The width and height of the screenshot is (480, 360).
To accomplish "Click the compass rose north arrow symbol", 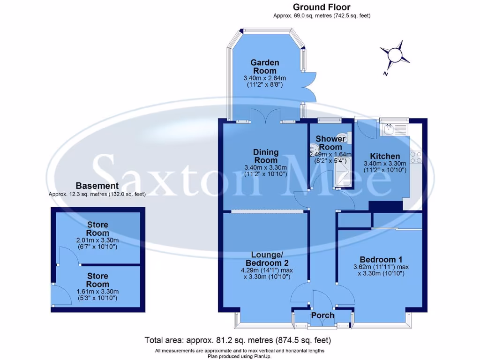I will click(394, 56).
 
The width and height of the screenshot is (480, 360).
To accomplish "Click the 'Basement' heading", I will click(97, 186).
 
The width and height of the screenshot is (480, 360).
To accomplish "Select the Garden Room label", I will click(264, 67).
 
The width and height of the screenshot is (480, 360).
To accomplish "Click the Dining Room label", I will click(266, 156).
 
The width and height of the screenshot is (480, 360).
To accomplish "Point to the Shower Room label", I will click(330, 142).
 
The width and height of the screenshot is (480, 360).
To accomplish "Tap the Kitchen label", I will click(385, 156).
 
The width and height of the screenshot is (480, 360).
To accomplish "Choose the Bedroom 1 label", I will click(381, 260).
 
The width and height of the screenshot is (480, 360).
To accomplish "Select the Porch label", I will click(322, 315).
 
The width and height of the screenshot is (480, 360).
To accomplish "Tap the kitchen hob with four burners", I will click(415, 157).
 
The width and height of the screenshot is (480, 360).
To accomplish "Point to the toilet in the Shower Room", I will click(344, 137).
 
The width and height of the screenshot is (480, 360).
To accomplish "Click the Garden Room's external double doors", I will click(308, 88).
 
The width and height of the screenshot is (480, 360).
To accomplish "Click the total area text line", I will click(238, 340).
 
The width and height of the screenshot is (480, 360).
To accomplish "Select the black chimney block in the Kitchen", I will click(385, 206).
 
